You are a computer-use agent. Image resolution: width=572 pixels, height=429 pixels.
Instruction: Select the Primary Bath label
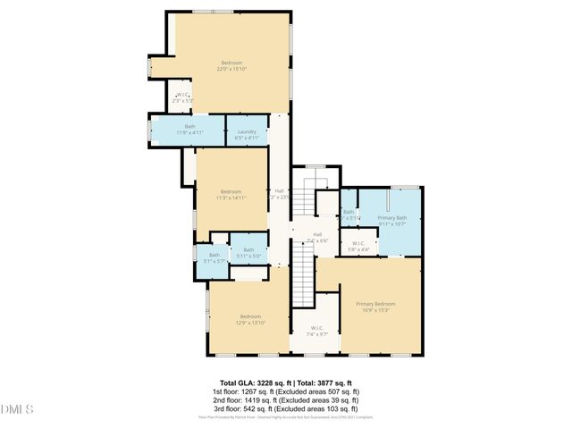tap(391, 221)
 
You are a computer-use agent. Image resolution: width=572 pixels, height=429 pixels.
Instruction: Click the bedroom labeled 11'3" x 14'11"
tap(231, 194)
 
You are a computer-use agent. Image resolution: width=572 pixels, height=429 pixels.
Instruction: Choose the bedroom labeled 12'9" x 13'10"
tap(249, 320)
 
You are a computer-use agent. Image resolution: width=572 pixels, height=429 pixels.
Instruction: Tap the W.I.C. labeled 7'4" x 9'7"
tap(315, 331)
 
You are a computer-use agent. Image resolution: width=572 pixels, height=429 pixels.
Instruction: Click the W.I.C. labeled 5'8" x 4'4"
tap(357, 246)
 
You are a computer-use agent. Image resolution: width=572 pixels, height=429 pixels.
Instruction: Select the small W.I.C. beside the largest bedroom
tap(182, 98)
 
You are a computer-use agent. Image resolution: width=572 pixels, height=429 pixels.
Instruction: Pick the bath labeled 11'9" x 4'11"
tap(189, 130)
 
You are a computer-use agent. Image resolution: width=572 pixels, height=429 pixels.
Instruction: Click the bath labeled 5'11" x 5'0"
tap(248, 253)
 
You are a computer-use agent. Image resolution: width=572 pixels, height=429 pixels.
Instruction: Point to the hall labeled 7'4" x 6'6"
tap(317, 238)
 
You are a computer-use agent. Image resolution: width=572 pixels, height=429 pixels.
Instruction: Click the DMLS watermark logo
tap(18, 409)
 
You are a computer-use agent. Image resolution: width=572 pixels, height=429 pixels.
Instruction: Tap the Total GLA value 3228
tap(267, 383)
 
